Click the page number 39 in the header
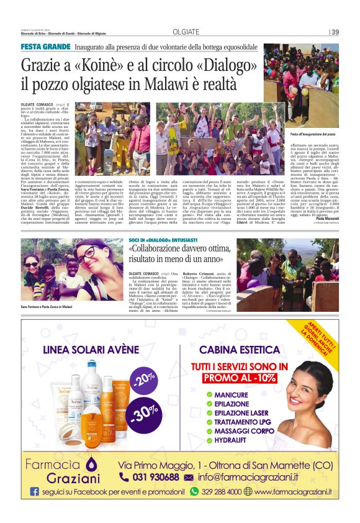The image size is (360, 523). point(335,32)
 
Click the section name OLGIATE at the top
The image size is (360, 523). point(186,32)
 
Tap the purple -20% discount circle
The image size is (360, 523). point(143,379)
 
